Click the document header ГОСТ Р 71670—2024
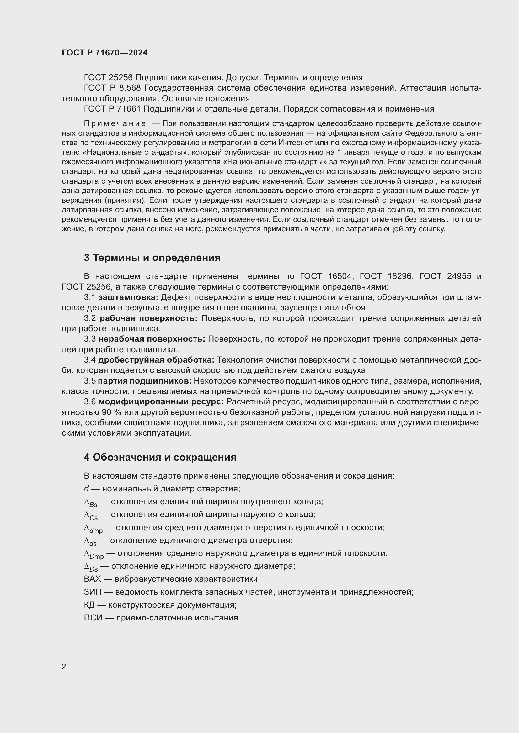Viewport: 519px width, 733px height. click(104, 53)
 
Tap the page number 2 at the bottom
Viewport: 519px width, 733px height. click(64, 667)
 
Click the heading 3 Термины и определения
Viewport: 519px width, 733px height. click(152, 258)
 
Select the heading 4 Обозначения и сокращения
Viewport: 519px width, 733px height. click(160, 458)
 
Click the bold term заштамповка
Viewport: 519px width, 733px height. click(128, 297)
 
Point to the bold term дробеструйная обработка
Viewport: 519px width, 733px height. click(156, 360)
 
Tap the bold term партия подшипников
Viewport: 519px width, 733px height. click(144, 381)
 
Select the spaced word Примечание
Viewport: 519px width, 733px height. click(115, 123)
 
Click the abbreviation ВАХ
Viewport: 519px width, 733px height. click(92, 579)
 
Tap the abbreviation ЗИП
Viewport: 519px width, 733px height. click(93, 592)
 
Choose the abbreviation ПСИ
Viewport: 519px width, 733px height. click(93, 618)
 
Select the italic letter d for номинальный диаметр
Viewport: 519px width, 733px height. click(86, 489)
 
